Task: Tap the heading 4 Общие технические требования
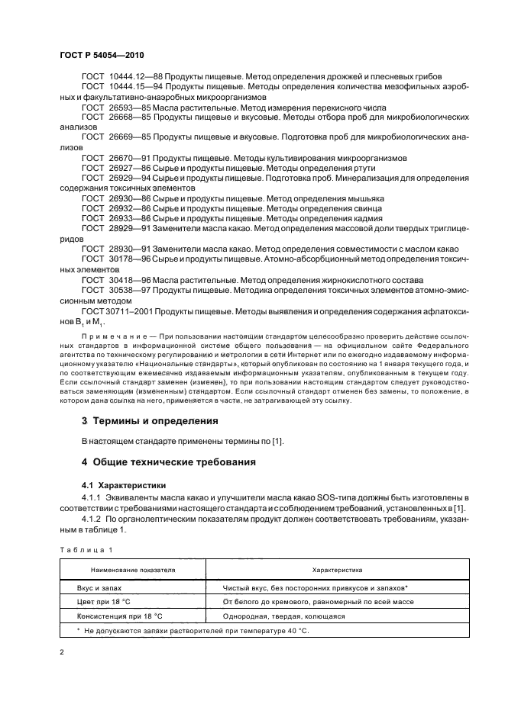pyautogui.click(x=173, y=462)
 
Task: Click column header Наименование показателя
pyautogui.click(x=133, y=570)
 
